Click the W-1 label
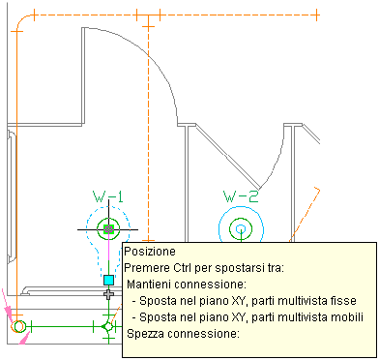click(x=108, y=196)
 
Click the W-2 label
click(x=241, y=196)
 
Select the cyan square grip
click(x=109, y=280)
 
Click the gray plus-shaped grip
click(x=109, y=294)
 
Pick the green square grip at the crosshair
click(x=108, y=229)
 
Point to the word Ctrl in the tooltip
click(x=184, y=268)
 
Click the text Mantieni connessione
click(x=187, y=285)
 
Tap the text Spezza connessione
click(x=184, y=334)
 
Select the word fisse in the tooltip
click(x=345, y=301)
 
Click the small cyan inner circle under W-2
click(x=241, y=229)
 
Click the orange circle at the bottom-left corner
click(x=17, y=326)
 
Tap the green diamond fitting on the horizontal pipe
click(x=107, y=327)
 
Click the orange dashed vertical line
click(x=148, y=129)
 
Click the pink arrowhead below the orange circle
click(x=23, y=339)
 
